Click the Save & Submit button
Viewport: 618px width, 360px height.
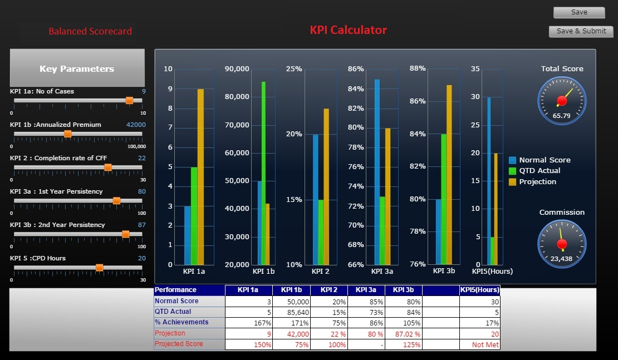581,31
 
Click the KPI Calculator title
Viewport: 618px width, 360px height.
348,30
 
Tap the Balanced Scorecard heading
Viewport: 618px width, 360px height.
90,32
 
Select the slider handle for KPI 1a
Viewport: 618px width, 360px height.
129,100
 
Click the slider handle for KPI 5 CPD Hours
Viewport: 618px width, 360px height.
99,268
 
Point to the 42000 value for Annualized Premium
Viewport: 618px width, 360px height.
136,125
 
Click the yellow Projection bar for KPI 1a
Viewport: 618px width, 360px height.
200,176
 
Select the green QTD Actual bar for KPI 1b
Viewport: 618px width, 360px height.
263,173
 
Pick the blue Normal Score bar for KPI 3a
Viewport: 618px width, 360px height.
377,172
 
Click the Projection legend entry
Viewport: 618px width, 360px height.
537,182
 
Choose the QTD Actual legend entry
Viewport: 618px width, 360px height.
539,171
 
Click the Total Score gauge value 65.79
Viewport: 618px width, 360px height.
561,116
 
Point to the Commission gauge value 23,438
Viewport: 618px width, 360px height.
561,259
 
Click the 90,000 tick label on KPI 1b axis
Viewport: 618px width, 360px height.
237,69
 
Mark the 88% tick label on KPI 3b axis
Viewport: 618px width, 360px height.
418,68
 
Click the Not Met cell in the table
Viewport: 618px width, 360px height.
479,344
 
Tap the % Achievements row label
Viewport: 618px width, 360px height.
182,322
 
